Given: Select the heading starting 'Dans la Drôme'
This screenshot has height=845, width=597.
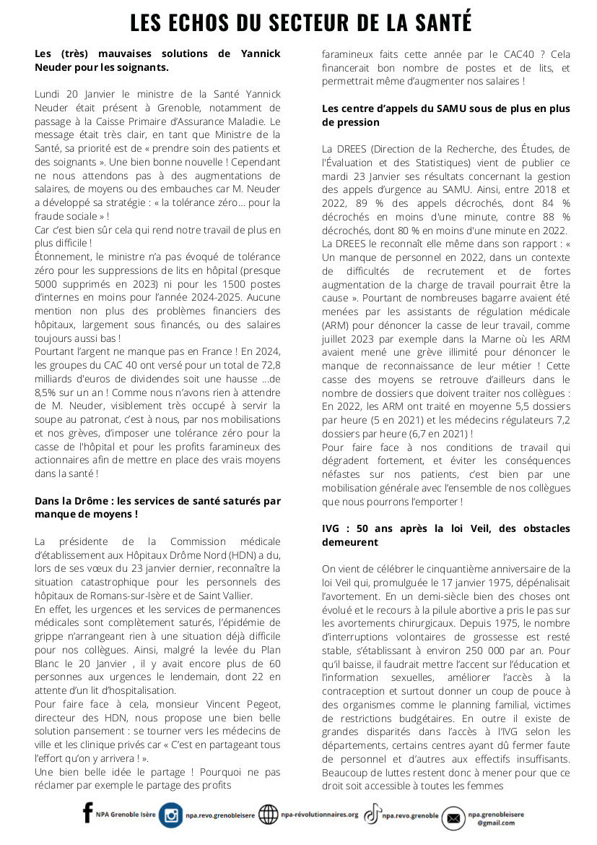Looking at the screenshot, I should (157, 507).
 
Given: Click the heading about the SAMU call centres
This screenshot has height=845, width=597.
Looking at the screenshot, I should (445, 116).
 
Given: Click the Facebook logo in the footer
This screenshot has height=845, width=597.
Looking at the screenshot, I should (88, 815).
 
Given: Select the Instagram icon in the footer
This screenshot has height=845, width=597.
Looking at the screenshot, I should (171, 815).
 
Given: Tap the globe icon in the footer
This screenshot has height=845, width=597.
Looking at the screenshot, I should (269, 815).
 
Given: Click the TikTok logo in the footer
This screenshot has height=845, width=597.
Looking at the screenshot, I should (372, 815).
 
